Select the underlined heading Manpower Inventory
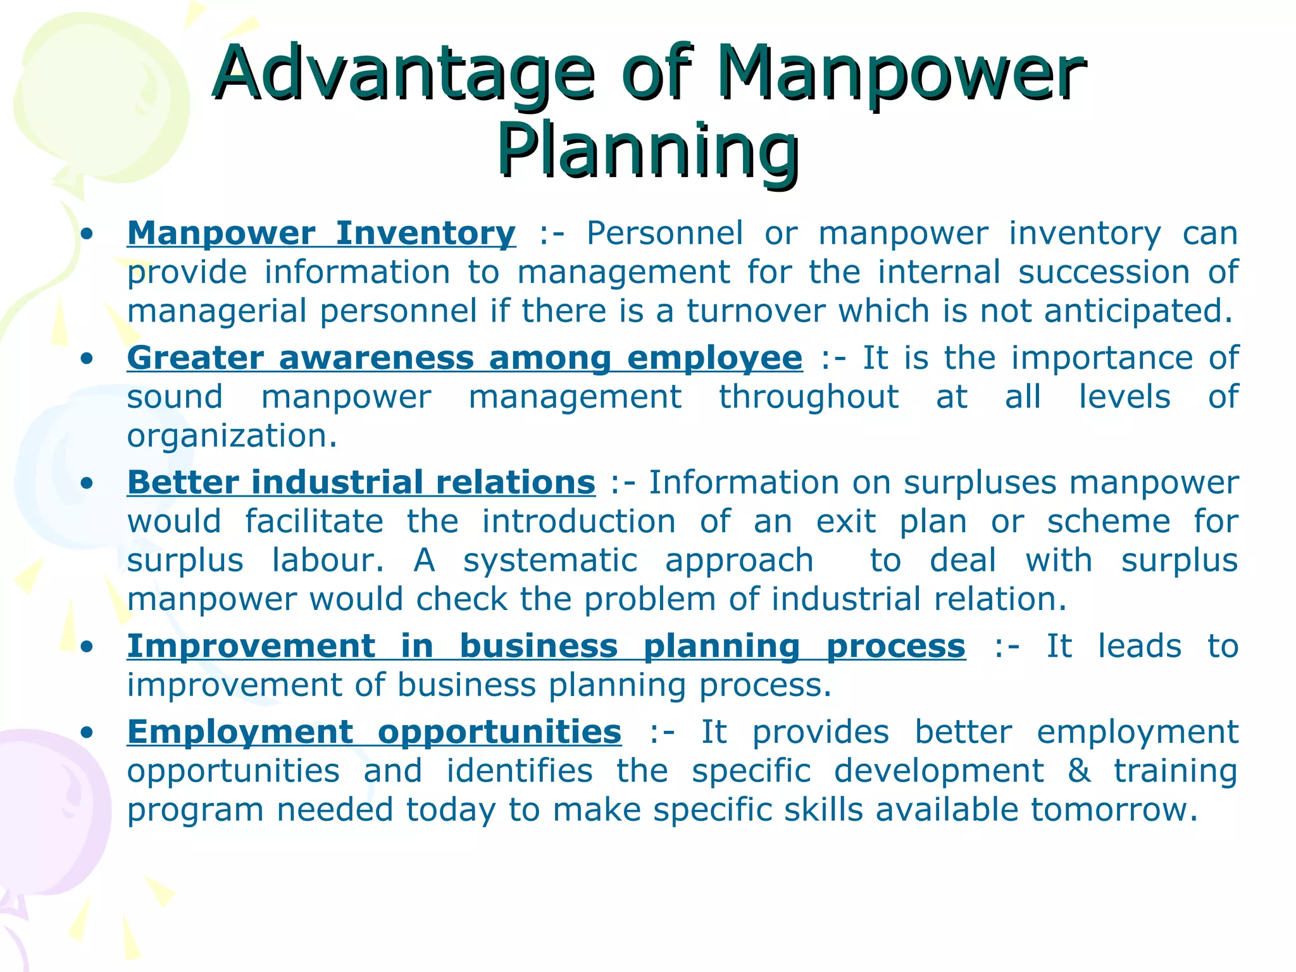[x=321, y=234]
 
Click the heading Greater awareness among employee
[x=464, y=358]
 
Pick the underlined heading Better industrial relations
[x=361, y=483]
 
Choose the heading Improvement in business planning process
[x=546, y=647]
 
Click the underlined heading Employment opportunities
[x=374, y=732]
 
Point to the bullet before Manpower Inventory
[x=87, y=235]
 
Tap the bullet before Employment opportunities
[x=87, y=733]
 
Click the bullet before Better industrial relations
[x=87, y=484]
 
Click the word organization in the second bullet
[x=232, y=436]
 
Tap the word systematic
[x=550, y=561]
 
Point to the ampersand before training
[x=1079, y=771]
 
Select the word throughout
[x=808, y=397]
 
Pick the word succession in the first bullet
[x=1104, y=273]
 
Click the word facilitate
[x=314, y=522]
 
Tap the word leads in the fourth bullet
[x=1139, y=647]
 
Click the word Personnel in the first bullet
[x=664, y=234]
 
